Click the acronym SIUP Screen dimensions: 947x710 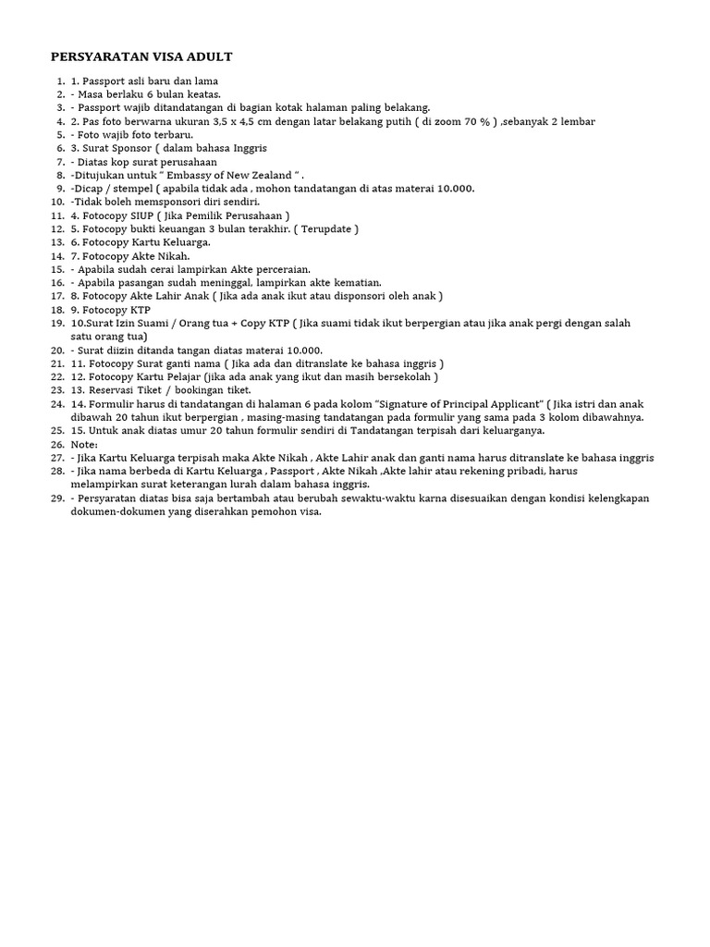click(x=149, y=215)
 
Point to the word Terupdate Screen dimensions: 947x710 click(x=321, y=228)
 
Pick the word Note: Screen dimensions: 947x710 click(x=84, y=444)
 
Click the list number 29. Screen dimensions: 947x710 click(x=56, y=498)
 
